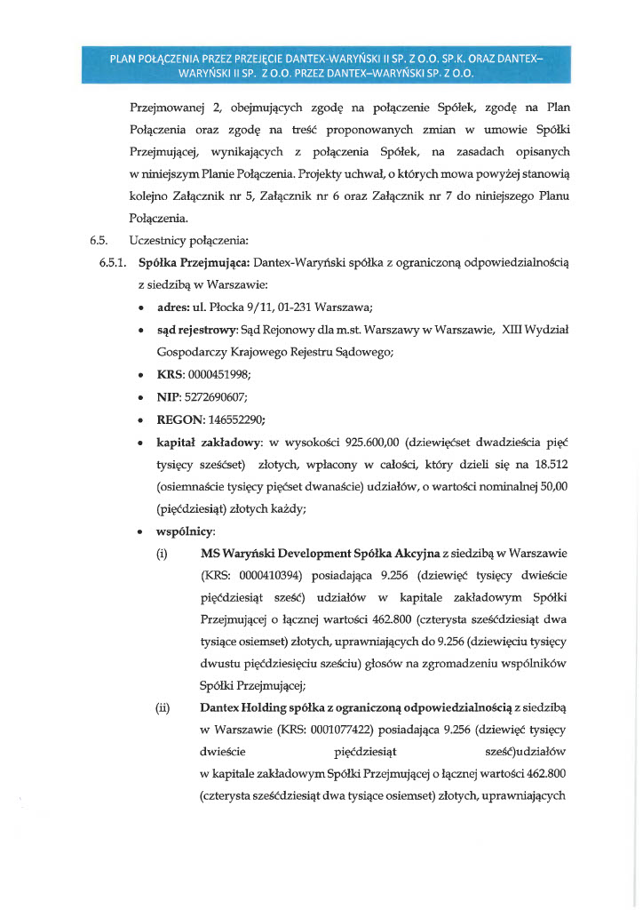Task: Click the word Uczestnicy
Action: click(x=157, y=240)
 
